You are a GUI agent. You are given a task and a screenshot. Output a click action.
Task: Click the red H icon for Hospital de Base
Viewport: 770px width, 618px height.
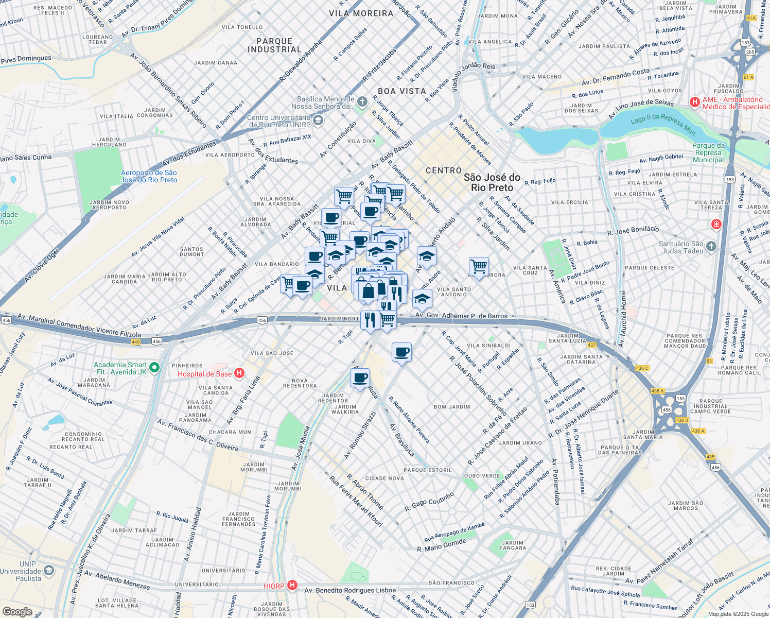239,373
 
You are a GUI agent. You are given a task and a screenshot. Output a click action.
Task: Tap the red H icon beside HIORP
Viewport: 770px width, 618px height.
292,586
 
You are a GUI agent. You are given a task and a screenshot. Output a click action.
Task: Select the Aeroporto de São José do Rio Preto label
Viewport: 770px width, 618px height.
149,177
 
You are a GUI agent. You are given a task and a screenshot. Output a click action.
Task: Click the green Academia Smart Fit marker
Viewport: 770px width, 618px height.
155,368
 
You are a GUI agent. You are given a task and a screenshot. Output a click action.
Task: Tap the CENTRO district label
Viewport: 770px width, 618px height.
444,170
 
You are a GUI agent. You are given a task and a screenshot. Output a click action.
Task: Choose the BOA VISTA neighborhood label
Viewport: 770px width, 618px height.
402,91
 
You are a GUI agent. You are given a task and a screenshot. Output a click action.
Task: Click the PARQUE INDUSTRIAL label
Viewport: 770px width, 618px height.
274,45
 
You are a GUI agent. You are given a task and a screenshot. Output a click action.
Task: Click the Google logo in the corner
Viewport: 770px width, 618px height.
17,612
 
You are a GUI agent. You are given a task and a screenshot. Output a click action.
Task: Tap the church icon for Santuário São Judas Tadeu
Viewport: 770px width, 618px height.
711,246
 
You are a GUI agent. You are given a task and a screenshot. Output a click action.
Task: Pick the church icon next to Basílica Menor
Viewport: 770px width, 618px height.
362,102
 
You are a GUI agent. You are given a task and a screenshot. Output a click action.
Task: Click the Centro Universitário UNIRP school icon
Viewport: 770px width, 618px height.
318,121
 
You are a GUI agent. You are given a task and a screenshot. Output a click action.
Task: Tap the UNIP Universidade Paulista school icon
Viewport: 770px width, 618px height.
49,571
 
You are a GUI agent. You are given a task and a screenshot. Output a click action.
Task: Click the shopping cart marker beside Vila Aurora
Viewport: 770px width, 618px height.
479,267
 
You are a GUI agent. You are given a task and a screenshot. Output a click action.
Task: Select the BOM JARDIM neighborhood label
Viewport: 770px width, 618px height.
452,407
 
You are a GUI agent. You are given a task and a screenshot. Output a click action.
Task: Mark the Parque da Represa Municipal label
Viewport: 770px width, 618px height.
708,152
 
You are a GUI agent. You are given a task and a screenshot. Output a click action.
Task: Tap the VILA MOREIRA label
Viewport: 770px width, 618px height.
361,13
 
